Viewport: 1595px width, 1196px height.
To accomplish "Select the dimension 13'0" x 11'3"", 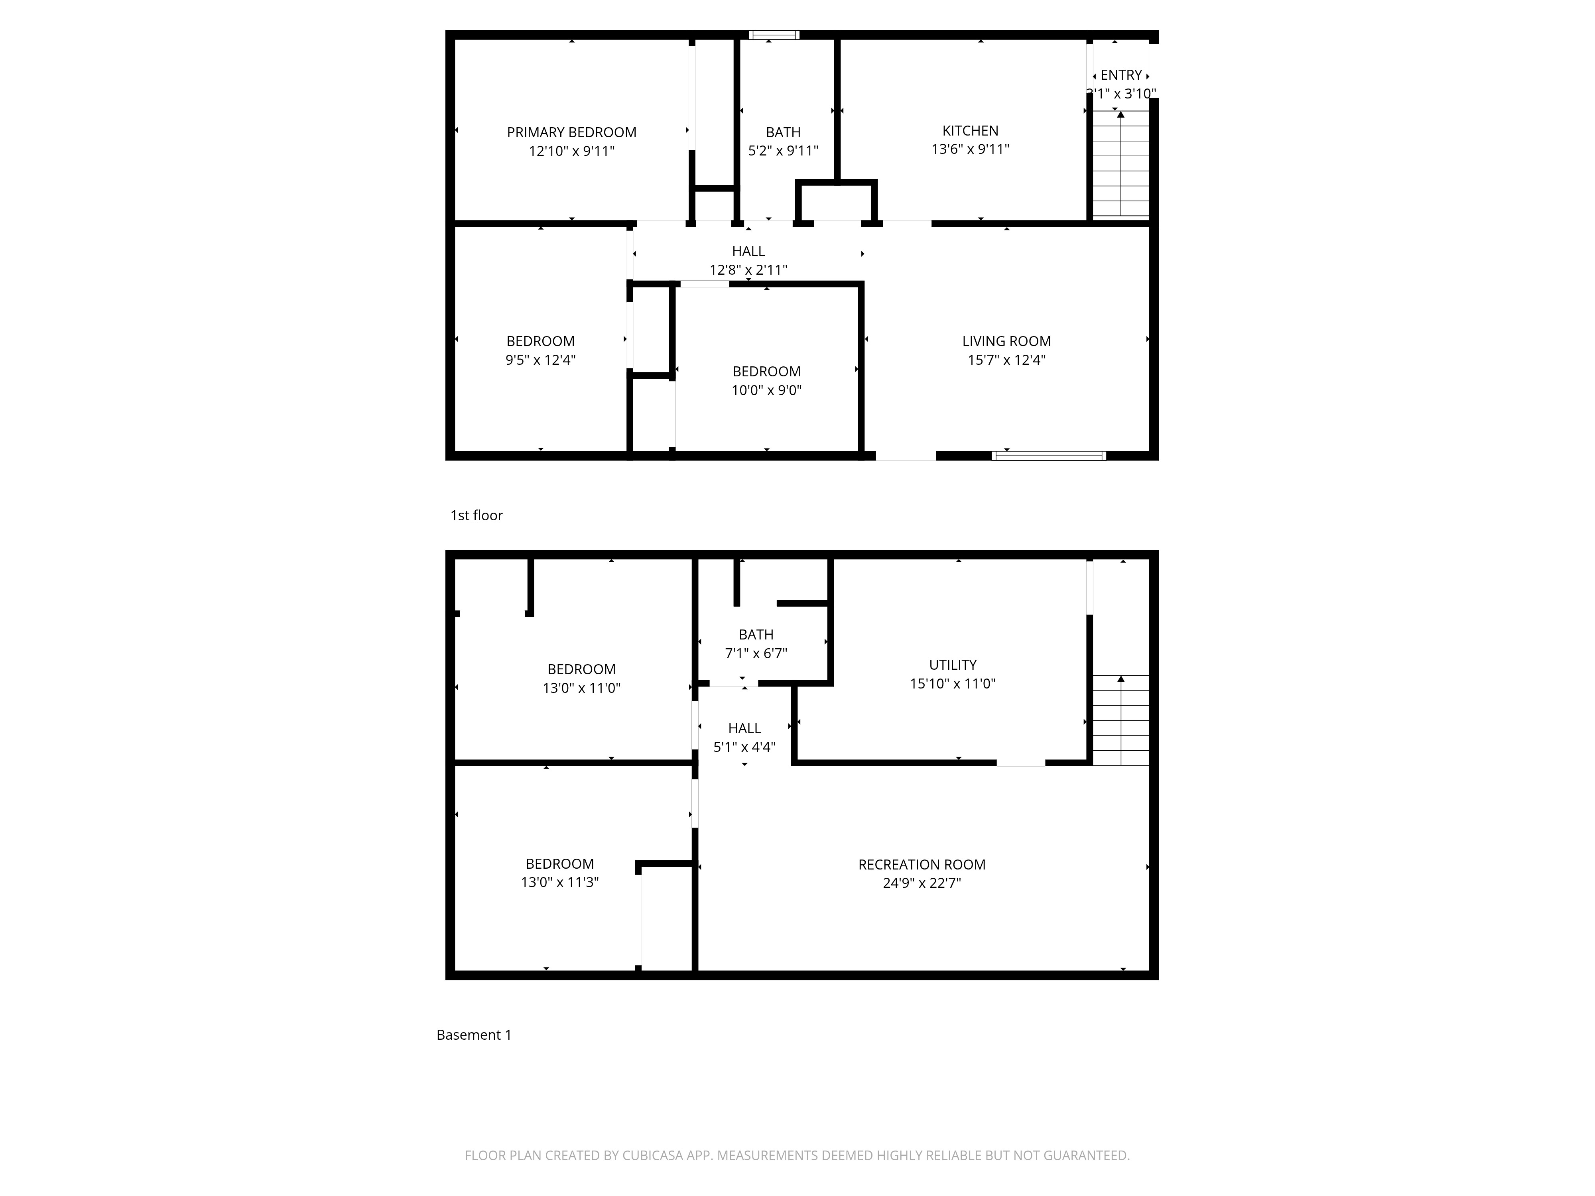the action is coord(559,882).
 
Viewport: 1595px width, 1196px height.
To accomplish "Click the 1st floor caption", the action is coord(477,515).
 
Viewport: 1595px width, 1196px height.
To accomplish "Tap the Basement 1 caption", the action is coord(474,1035).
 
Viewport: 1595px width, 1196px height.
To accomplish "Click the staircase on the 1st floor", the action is coord(1120,164).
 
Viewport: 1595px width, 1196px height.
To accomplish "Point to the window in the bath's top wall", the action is coord(774,35).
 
